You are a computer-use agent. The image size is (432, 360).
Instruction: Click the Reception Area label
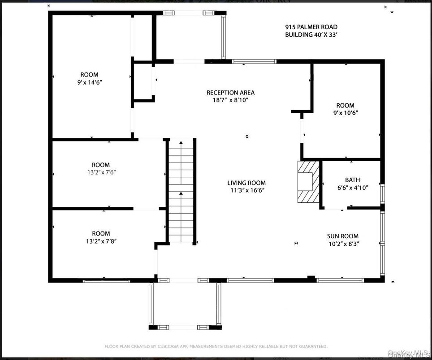230,93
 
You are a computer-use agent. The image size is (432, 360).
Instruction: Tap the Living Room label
246,183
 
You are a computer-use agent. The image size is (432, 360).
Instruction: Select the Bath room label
352,180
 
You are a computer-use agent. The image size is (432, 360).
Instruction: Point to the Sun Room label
343,236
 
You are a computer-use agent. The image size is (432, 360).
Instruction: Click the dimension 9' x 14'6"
89,82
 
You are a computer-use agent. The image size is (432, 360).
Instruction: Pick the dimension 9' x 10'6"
345,113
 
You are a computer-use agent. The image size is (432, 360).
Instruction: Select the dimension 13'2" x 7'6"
100,172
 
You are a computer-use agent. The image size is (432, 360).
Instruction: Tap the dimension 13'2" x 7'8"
100,241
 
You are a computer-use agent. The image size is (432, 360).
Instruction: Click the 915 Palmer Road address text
311,27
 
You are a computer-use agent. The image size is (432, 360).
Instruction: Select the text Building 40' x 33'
311,34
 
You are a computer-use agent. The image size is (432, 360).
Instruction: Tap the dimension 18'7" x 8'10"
230,100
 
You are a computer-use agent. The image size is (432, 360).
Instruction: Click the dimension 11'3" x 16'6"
246,190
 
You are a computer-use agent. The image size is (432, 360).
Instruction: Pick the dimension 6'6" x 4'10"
352,188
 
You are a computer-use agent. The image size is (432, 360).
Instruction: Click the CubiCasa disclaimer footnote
216,346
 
